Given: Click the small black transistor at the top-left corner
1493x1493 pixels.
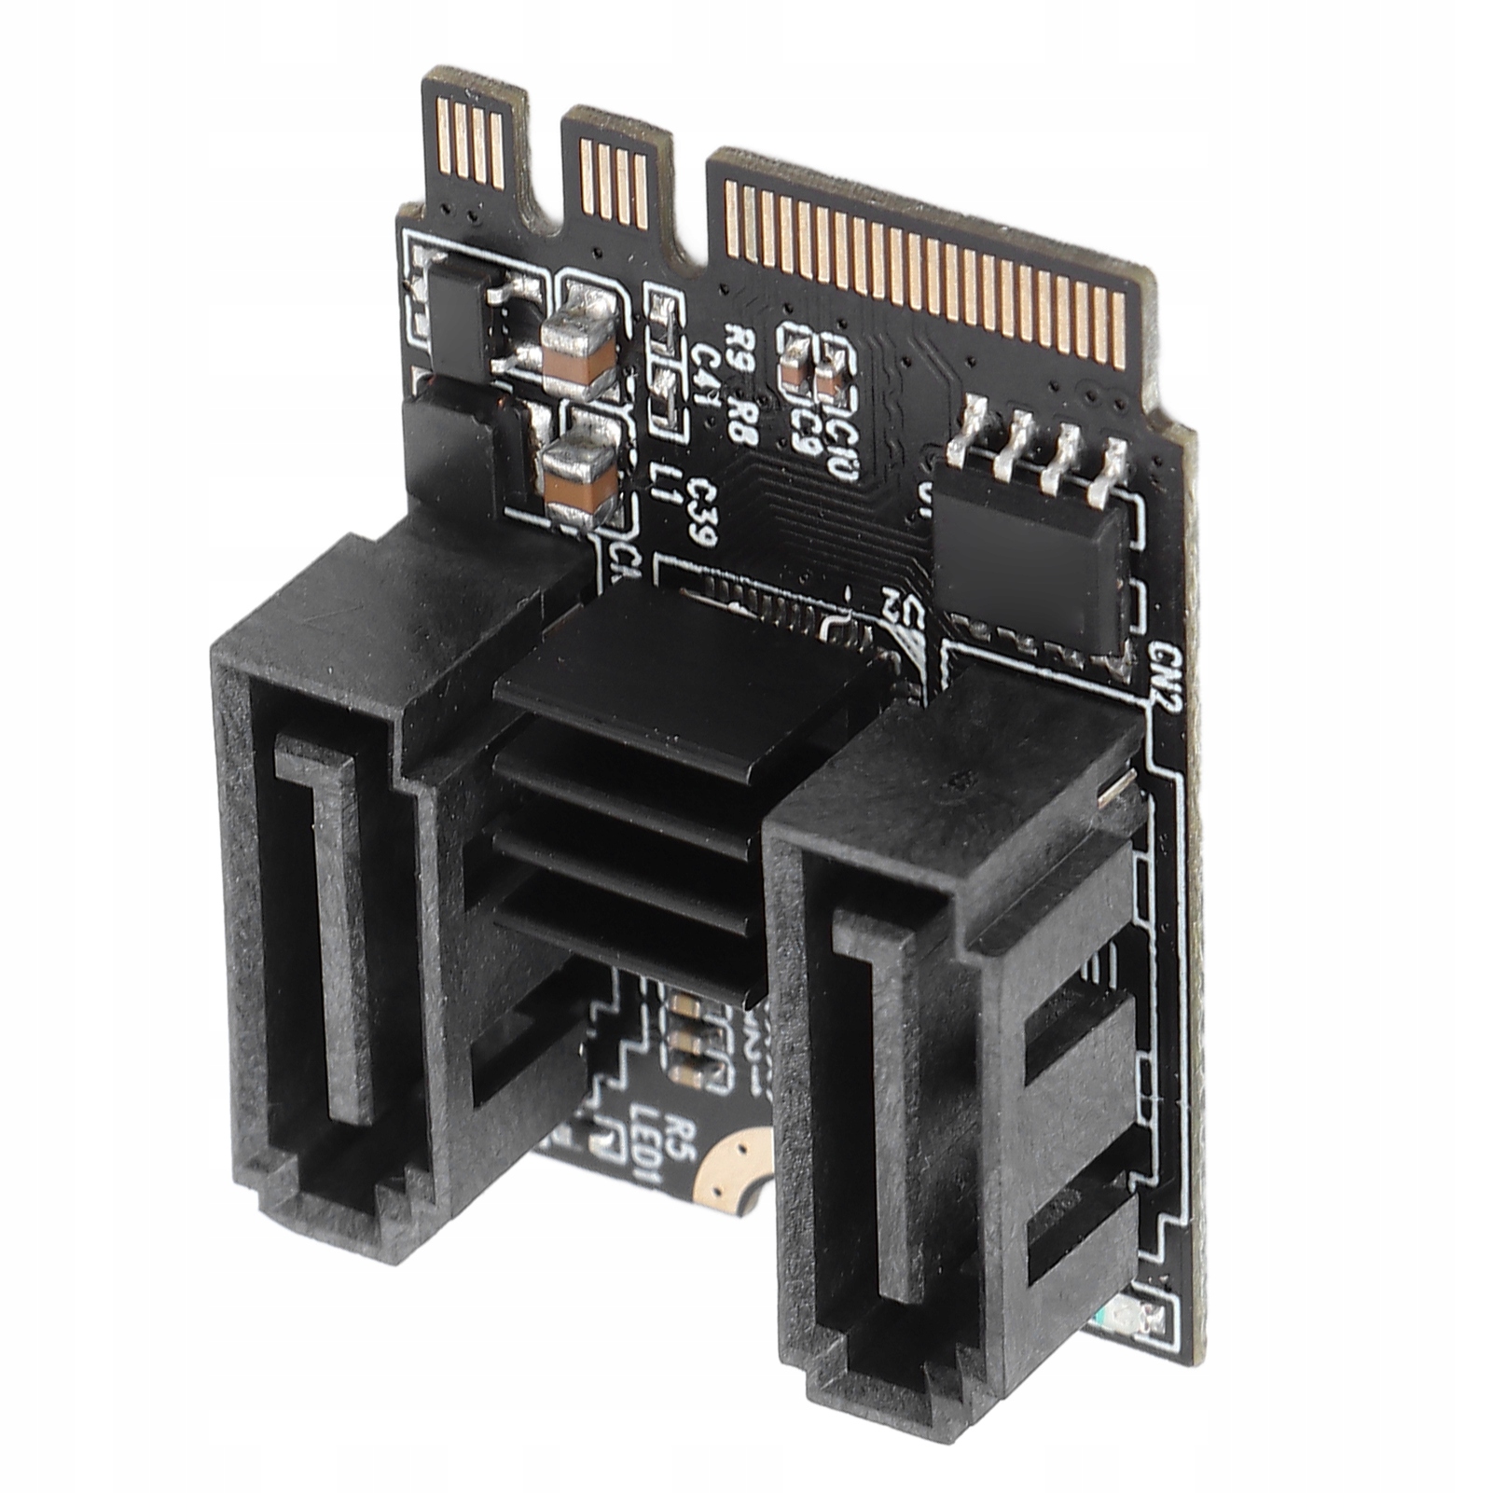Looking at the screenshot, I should [456, 317].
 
